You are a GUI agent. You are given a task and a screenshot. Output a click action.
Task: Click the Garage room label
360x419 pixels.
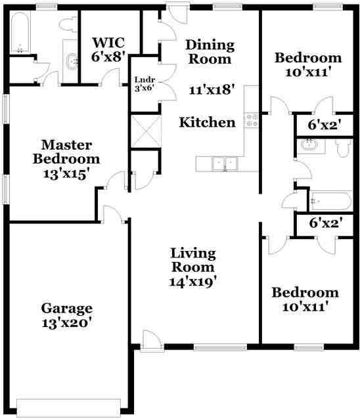67,315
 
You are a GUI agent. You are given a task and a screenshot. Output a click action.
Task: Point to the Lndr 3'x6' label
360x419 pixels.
144,83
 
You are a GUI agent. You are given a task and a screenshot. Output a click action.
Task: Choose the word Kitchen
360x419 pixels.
208,122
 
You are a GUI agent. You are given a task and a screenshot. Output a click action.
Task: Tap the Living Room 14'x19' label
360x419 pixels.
193,267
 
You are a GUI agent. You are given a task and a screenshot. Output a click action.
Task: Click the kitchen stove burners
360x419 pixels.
251,120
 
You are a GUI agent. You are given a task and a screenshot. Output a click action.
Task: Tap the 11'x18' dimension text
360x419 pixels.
212,90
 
